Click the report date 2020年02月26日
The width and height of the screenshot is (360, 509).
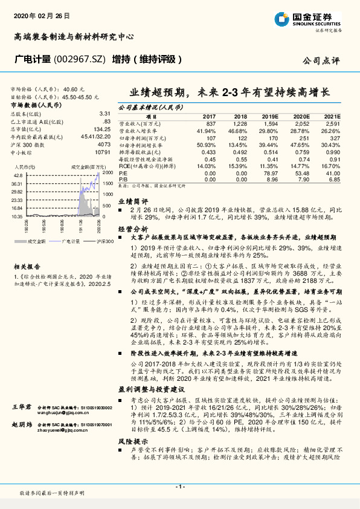[x=41, y=13]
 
